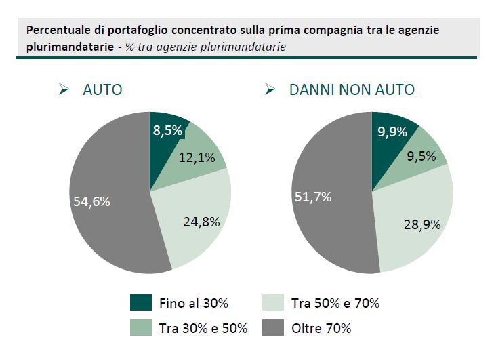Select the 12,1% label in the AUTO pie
click(x=197, y=157)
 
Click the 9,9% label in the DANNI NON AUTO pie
click(x=392, y=132)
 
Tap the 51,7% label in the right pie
click(x=313, y=197)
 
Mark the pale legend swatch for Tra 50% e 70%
click(x=272, y=302)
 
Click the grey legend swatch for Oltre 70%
click(x=272, y=328)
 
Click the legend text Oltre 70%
click(x=321, y=329)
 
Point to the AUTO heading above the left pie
click(x=102, y=89)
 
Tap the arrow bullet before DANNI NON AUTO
click(x=270, y=89)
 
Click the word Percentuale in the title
click(x=58, y=31)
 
